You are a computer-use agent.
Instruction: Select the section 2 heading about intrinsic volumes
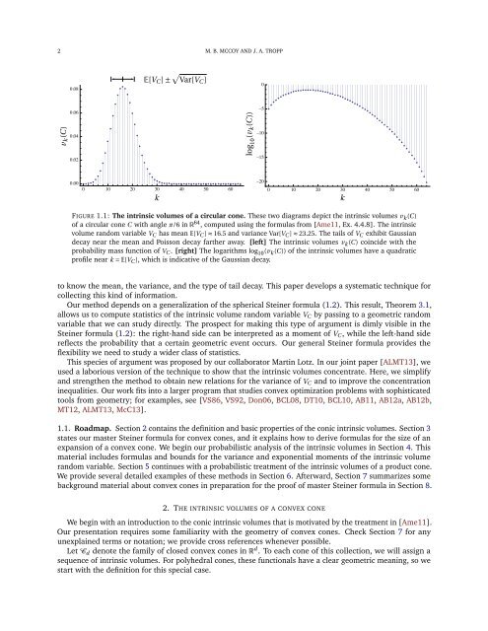tap(244, 524)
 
